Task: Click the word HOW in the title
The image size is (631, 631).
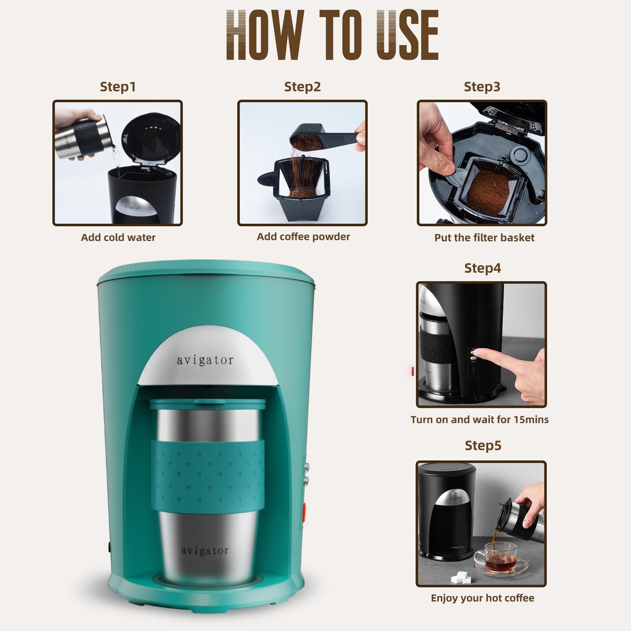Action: (265, 35)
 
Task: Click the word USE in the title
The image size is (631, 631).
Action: (407, 35)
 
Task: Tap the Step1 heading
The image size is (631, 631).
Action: (118, 86)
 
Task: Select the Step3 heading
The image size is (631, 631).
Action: (482, 86)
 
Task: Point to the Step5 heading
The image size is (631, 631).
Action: (483, 445)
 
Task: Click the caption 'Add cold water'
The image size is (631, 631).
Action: (118, 238)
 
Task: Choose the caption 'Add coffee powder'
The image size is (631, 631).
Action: (303, 237)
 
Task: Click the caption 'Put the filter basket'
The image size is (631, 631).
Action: (484, 238)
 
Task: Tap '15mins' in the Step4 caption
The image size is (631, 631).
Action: (531, 420)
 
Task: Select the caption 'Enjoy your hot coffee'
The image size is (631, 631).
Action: (482, 598)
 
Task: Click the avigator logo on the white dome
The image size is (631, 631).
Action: (205, 360)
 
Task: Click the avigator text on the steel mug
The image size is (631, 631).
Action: (205, 551)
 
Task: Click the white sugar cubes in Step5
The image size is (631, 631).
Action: (461, 578)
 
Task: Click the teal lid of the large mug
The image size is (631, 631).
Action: (208, 404)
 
